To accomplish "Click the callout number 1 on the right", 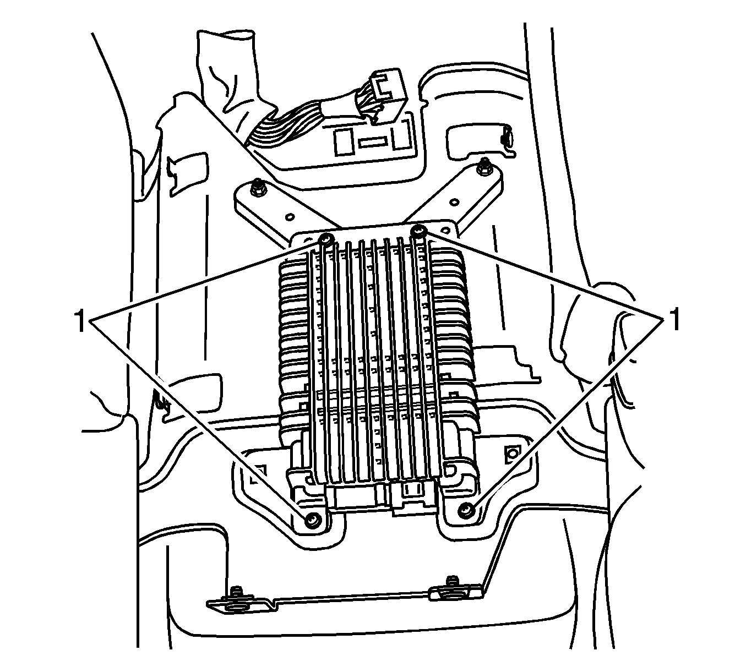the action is click(673, 319).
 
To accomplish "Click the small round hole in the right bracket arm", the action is click(453, 202).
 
